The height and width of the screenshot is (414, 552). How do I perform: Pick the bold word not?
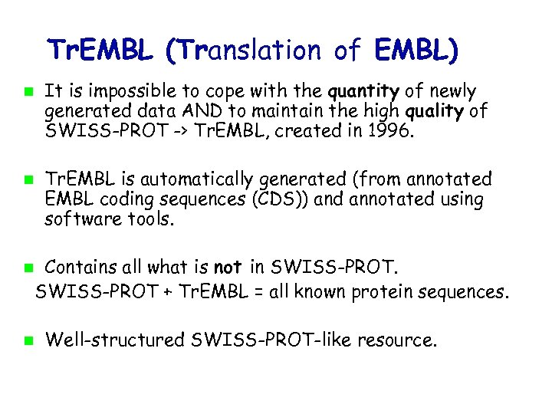pos(228,268)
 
